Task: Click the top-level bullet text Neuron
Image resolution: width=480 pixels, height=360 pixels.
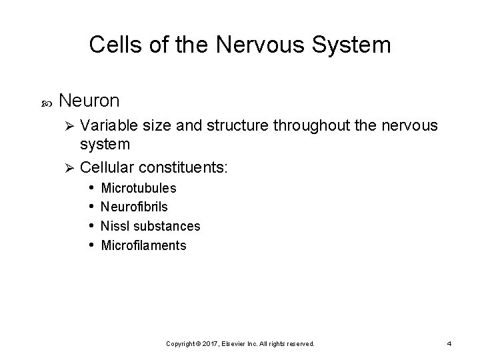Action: [89, 101]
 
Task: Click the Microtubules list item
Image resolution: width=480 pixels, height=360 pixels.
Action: [138, 189]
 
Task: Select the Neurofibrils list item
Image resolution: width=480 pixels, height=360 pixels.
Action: [134, 207]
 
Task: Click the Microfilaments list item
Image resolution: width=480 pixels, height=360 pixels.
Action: [143, 245]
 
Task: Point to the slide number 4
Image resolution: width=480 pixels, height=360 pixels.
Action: [449, 343]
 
